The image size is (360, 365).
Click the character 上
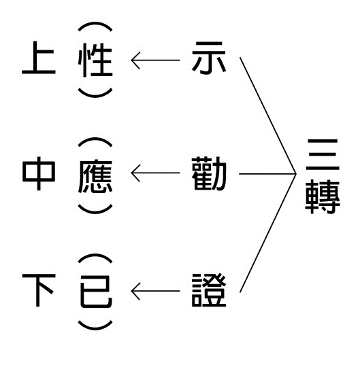tap(39, 58)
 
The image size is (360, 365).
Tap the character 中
tap(39, 173)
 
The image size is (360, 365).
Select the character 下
tap(39, 290)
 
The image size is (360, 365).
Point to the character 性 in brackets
tap(95, 60)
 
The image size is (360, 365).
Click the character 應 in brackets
tap(95, 176)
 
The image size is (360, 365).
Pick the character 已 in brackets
tap(96, 292)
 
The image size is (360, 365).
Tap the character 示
tap(209, 58)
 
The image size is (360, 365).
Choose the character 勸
tap(209, 173)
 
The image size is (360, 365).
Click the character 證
tap(209, 290)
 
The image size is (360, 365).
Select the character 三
tap(323, 155)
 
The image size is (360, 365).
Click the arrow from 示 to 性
tap(155, 60)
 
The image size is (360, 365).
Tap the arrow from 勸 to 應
tap(155, 173)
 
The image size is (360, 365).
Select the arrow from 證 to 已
tap(155, 291)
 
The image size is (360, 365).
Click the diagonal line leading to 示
tap(268, 116)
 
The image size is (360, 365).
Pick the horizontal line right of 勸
tap(267, 174)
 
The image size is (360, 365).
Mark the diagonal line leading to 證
tap(268, 232)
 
